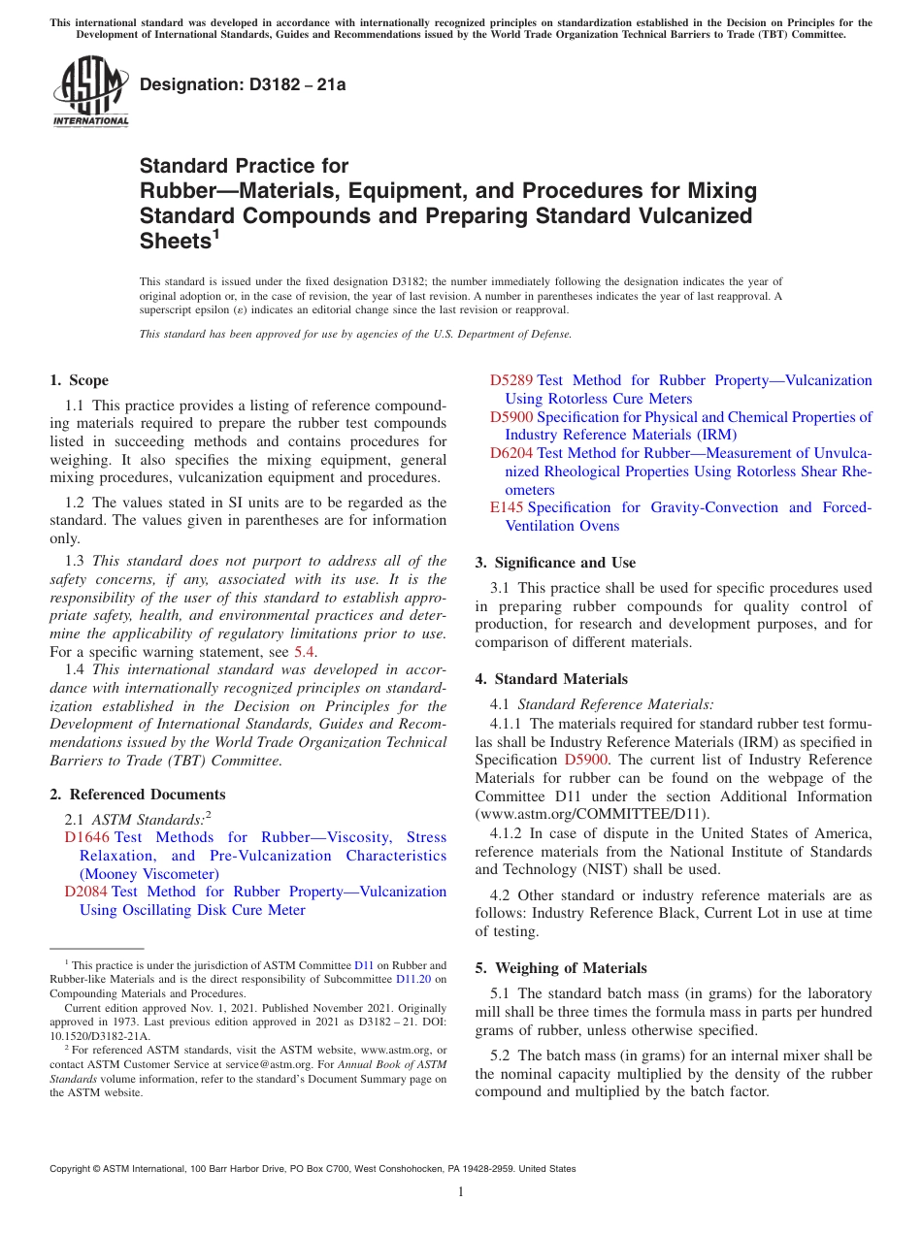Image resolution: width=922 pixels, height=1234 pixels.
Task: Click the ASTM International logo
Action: (x=90, y=91)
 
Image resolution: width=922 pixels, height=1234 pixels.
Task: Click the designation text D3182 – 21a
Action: (x=243, y=85)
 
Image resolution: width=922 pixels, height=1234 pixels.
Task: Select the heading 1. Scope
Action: (x=79, y=380)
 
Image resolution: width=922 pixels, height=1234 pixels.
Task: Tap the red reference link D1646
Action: (x=85, y=837)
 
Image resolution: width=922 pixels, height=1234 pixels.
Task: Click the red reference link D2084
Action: (x=85, y=892)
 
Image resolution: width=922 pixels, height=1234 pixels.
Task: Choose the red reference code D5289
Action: (x=510, y=380)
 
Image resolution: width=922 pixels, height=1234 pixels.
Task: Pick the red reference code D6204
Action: (x=510, y=453)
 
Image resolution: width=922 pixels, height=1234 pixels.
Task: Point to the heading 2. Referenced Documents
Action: (x=137, y=795)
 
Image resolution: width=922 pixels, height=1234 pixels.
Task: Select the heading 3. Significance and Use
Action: (x=555, y=563)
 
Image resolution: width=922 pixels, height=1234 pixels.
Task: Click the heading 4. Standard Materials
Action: (x=551, y=679)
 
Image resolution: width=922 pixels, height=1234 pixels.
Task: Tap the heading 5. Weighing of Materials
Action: (x=560, y=968)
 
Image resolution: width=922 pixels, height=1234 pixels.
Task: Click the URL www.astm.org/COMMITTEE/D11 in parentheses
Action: (x=591, y=815)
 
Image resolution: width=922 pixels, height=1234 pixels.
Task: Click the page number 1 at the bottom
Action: (x=461, y=1191)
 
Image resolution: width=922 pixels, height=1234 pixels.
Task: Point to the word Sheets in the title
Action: (x=175, y=242)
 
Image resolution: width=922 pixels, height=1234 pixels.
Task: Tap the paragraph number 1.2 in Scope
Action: (x=75, y=503)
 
